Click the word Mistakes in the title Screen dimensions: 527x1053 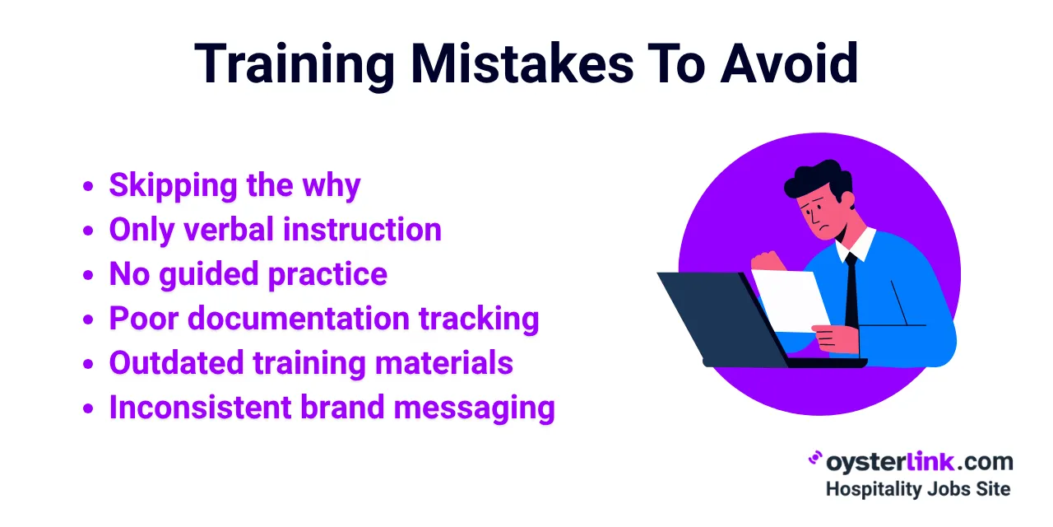522,63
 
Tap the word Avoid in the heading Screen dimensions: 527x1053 789,63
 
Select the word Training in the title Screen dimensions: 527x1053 295,63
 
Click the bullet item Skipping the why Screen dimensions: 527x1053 234,185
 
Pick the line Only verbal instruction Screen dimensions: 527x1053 275,230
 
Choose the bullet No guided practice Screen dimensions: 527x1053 248,274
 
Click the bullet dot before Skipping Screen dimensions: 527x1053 89,187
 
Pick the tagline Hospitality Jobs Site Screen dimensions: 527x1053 917,488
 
